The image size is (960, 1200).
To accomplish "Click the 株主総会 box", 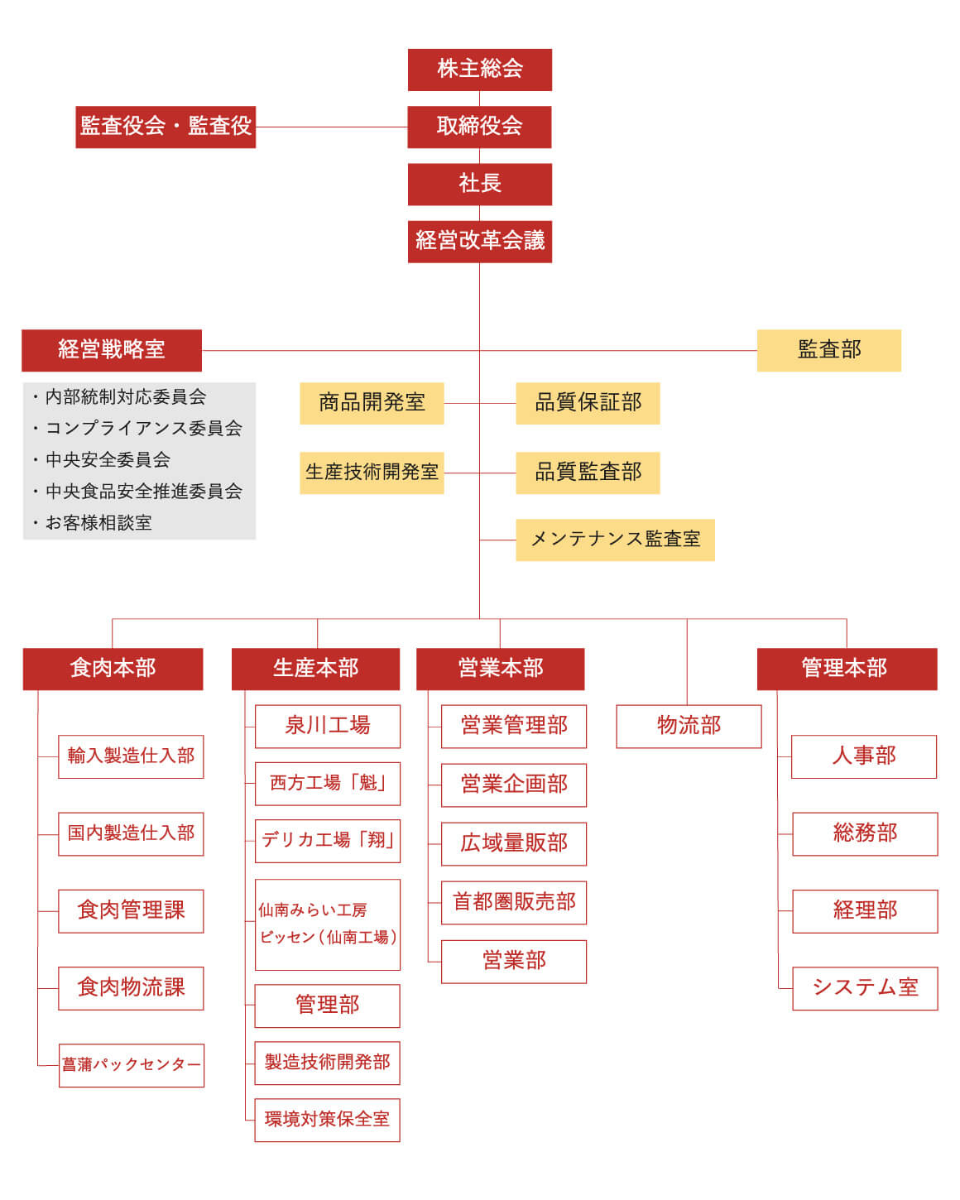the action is click(x=480, y=70).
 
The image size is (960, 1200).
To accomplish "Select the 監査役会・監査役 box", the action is click(x=166, y=127).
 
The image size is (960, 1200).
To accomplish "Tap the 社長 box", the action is click(x=480, y=185).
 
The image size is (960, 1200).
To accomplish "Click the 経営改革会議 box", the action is click(x=480, y=242).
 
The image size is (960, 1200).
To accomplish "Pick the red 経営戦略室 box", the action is click(x=112, y=351).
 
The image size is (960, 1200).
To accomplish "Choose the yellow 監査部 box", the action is click(x=829, y=351).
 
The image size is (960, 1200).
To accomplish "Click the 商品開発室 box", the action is click(x=372, y=404).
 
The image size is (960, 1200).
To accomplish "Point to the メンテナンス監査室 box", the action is click(x=615, y=540).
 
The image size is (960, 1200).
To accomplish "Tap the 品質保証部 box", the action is click(x=588, y=404).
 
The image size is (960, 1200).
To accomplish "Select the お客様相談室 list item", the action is click(x=93, y=523).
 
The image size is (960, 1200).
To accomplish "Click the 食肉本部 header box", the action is click(x=113, y=670).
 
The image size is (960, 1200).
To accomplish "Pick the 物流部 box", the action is click(x=689, y=727).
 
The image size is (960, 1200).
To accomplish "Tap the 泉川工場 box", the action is click(x=328, y=727).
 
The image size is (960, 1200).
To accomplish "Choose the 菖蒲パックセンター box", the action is click(x=132, y=1066).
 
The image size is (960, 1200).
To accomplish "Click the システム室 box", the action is click(x=865, y=989).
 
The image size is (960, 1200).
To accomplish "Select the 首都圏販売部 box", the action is click(x=514, y=903).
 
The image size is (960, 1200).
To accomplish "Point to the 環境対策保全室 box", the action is click(x=328, y=1121).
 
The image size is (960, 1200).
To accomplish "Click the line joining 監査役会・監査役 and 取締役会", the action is click(x=332, y=127).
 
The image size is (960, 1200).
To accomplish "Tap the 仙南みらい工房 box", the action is click(x=328, y=924).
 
